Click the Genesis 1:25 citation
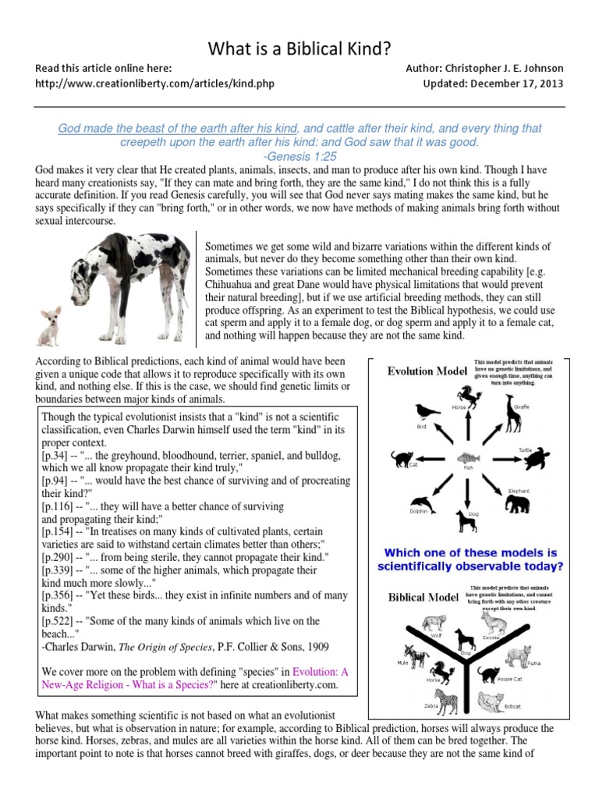point(299,156)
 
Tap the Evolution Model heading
point(427,371)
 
